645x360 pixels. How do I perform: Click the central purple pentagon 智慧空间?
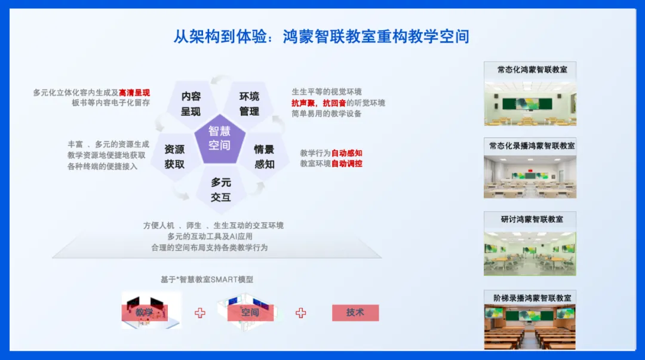pyautogui.click(x=220, y=139)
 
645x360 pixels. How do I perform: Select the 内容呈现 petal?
pyautogui.click(x=191, y=104)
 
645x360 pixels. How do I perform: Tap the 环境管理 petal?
pyautogui.click(x=249, y=104)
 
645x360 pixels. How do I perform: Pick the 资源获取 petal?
pyautogui.click(x=175, y=157)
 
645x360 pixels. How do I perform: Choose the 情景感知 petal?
pyautogui.click(x=264, y=157)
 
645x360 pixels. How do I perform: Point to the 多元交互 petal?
pyautogui.click(x=221, y=190)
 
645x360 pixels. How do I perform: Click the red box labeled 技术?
pyautogui.click(x=355, y=313)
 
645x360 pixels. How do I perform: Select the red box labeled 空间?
pyautogui.click(x=250, y=313)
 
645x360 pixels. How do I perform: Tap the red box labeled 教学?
pyautogui.click(x=145, y=313)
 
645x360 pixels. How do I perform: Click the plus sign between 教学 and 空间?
pyautogui.click(x=200, y=313)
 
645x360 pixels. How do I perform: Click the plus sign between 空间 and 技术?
pyautogui.click(x=300, y=313)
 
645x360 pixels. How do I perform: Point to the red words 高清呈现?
pyautogui.click(x=134, y=93)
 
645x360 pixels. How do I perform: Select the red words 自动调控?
pyautogui.click(x=347, y=164)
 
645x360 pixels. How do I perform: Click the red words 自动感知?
pyautogui.click(x=347, y=153)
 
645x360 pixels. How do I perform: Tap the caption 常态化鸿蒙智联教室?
pyautogui.click(x=532, y=69)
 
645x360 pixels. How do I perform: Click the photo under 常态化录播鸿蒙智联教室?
pyautogui.click(x=530, y=177)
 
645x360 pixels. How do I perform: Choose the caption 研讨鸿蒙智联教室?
pyautogui.click(x=532, y=219)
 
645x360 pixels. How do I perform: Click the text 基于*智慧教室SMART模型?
pyautogui.click(x=207, y=280)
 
